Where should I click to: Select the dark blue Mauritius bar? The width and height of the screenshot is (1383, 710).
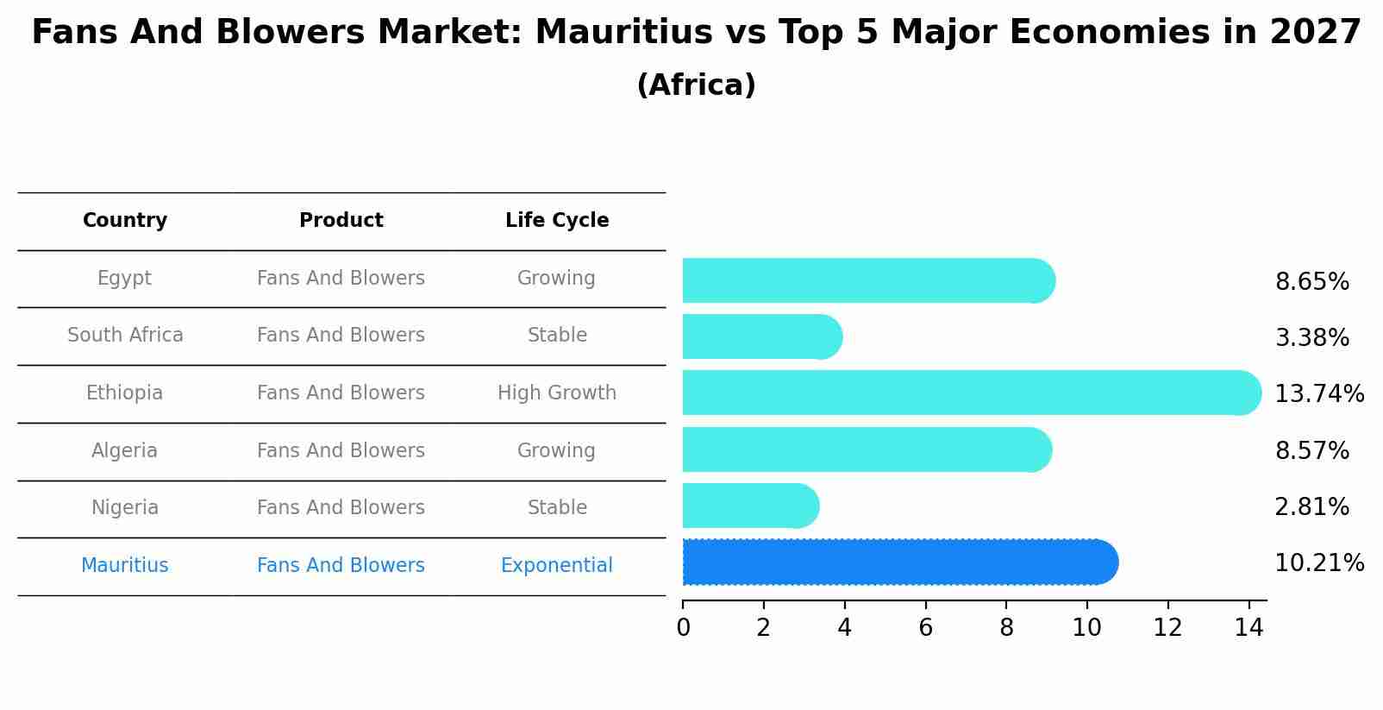pyautogui.click(x=897, y=562)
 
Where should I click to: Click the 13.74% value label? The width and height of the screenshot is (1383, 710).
pyautogui.click(x=1318, y=394)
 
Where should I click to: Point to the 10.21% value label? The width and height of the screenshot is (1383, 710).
pyautogui.click(x=1318, y=563)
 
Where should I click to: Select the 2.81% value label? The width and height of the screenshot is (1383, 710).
pyautogui.click(x=1311, y=507)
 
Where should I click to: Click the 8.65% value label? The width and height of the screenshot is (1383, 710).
pyautogui.click(x=1311, y=282)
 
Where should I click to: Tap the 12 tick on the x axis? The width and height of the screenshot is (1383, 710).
pyautogui.click(x=1167, y=628)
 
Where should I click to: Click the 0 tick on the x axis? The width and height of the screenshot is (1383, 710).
pyautogui.click(x=683, y=628)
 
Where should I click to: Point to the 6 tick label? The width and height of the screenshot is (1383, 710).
pyautogui.click(x=925, y=628)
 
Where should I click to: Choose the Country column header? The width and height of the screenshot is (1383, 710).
pyautogui.click(x=125, y=221)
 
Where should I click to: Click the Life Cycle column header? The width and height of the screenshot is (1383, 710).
pyautogui.click(x=557, y=221)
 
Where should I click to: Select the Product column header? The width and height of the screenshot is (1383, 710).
pyautogui.click(x=341, y=221)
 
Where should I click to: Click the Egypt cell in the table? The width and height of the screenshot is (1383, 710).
pyautogui.click(x=124, y=279)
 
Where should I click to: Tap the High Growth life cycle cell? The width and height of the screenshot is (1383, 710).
pyautogui.click(x=557, y=393)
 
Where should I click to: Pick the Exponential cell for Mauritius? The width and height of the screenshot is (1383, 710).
pyautogui.click(x=557, y=566)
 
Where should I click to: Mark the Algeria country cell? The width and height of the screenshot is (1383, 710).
pyautogui.click(x=124, y=451)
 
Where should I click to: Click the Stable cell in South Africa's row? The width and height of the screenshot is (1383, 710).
pyautogui.click(x=557, y=336)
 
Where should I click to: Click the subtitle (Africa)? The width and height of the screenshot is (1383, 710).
pyautogui.click(x=696, y=85)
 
